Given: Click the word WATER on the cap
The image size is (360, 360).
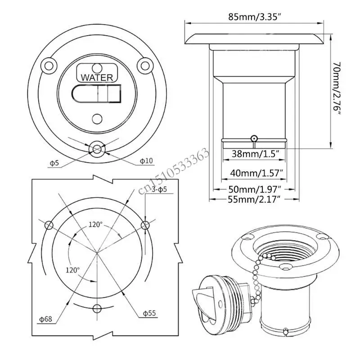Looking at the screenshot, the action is point(97,77).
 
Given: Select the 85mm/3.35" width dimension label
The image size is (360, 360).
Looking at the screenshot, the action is point(255,17).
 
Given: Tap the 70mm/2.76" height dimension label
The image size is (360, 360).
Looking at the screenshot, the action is point(337,88).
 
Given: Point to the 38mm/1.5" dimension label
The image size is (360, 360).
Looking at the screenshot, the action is point(255,153).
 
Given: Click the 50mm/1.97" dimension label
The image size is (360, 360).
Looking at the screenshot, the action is point(255,189).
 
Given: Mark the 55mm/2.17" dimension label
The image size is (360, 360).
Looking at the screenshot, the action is point(254,199).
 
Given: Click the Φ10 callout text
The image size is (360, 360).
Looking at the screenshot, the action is point(146,161).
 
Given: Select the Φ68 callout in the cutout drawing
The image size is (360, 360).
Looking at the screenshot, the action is point(46,319).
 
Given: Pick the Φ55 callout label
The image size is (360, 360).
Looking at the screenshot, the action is point(149,313).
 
